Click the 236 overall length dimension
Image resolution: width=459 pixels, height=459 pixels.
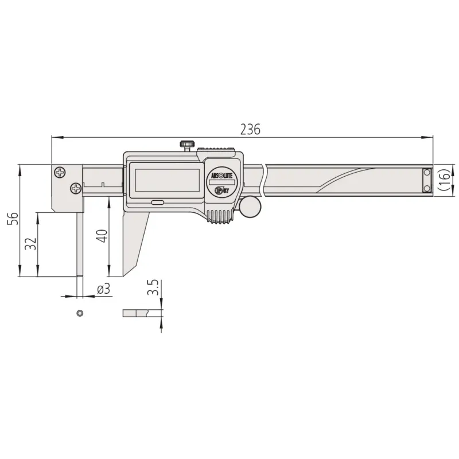(250, 130)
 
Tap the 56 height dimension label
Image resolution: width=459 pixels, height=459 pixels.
(13, 219)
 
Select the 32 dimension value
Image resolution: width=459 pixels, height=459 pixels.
(31, 243)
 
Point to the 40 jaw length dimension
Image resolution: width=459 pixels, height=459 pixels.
(102, 236)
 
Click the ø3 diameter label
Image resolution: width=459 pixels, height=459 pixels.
(104, 289)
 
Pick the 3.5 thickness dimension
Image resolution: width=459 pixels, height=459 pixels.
(153, 287)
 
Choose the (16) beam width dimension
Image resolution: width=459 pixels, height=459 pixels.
(444, 180)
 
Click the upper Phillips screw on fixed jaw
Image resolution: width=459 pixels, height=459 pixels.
(60, 172)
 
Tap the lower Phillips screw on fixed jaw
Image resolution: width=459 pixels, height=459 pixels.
(76, 188)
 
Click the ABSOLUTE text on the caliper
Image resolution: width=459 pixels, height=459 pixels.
(221, 176)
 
